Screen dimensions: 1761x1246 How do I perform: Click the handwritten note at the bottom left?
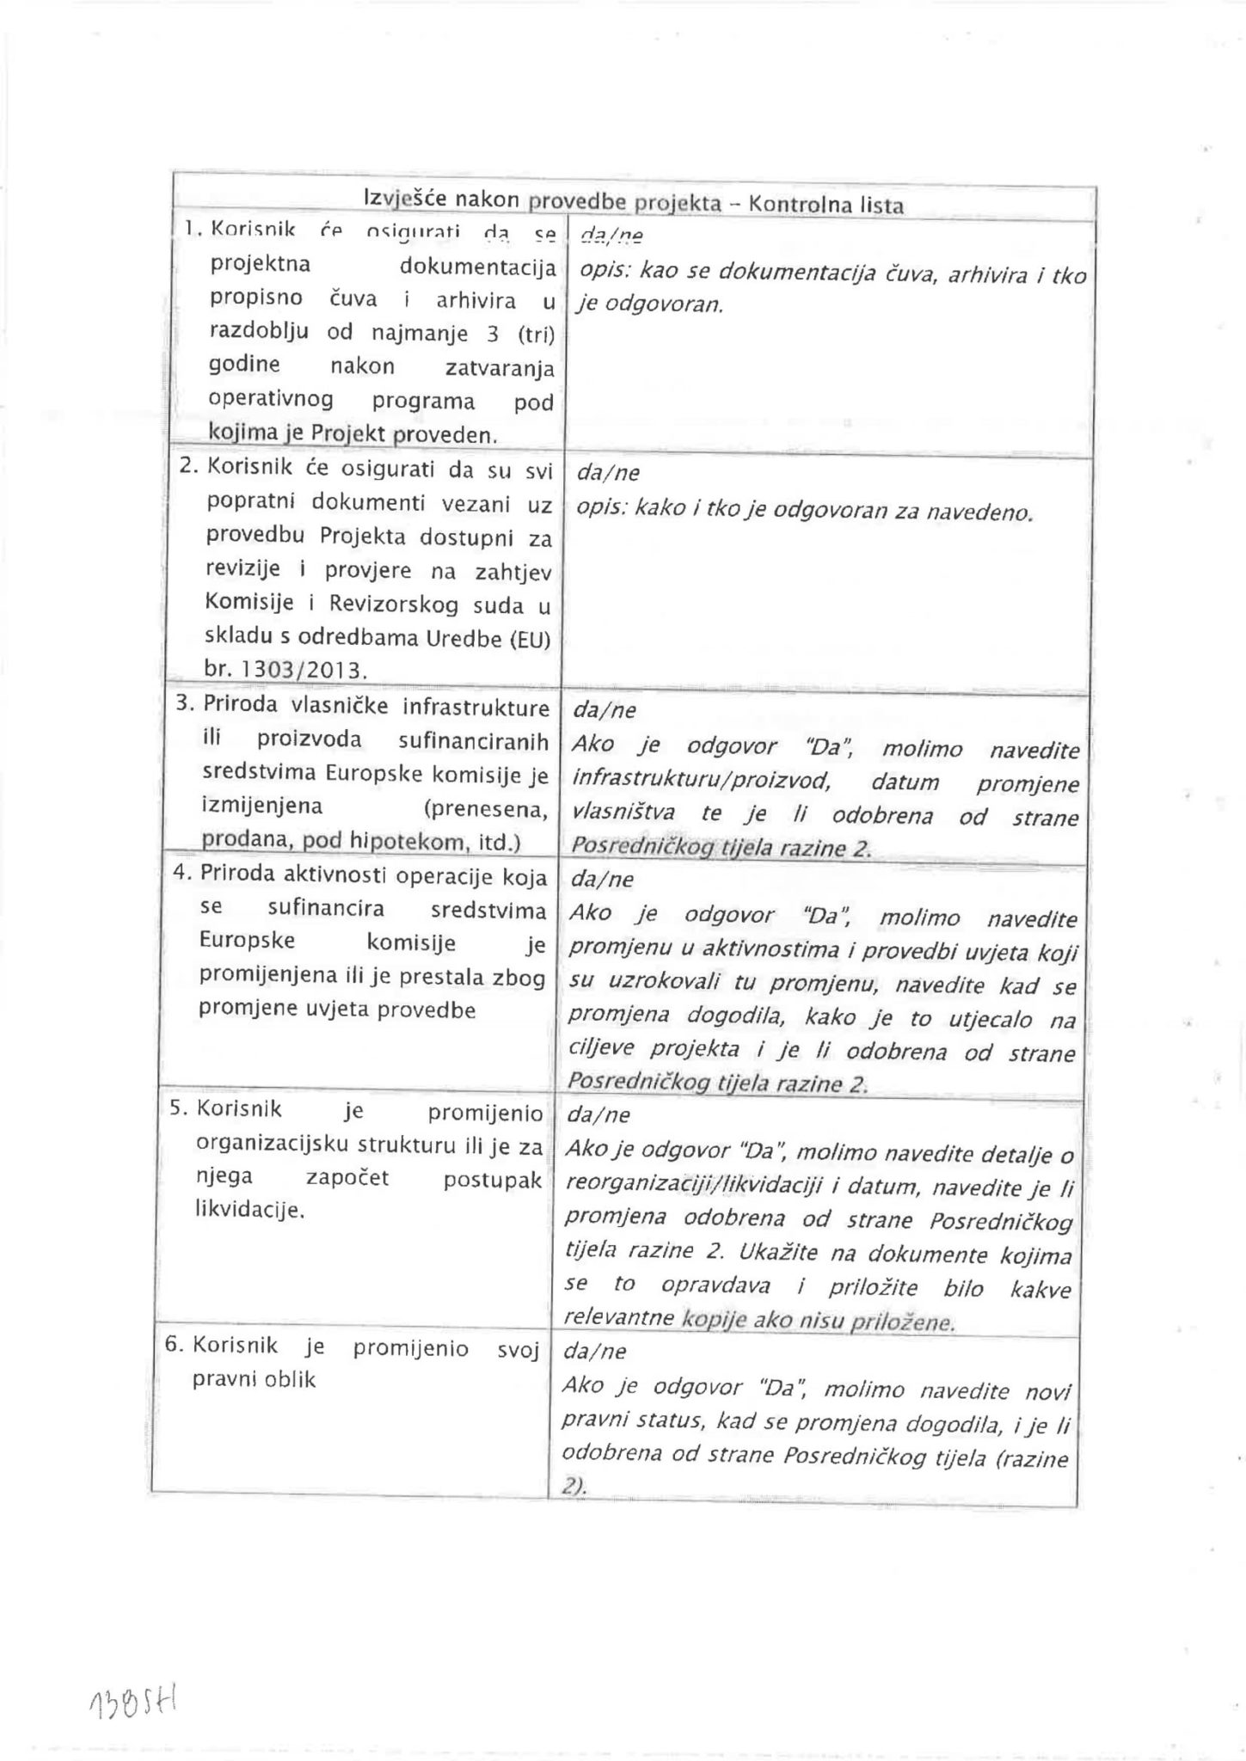pos(132,1702)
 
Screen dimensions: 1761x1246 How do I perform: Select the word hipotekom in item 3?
pos(408,842)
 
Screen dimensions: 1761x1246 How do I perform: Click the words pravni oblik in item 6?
pos(254,1380)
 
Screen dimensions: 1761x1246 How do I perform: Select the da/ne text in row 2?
pos(607,473)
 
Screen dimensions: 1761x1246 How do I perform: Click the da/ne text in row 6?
pos(594,1352)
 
